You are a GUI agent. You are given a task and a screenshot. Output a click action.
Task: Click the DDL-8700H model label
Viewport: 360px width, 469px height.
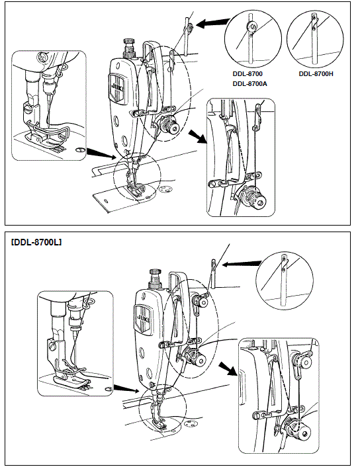(x=316, y=74)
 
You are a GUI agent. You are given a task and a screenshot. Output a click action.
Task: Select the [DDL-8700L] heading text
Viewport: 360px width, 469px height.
(x=37, y=243)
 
